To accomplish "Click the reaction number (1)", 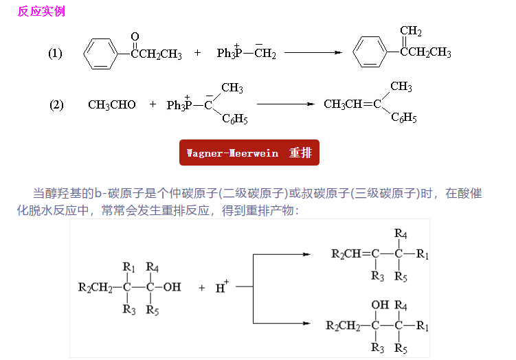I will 55,53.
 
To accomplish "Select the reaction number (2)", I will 56,104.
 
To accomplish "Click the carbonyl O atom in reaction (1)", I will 135,36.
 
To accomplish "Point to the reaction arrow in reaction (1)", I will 313,53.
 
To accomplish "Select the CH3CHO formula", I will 112,104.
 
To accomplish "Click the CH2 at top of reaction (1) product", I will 411,32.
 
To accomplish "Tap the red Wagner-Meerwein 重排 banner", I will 249,153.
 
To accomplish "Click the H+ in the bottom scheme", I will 222,287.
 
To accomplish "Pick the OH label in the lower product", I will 379,304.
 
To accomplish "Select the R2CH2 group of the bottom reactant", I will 96,287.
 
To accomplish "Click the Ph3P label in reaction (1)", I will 228,53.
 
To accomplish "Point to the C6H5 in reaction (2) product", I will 404,117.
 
